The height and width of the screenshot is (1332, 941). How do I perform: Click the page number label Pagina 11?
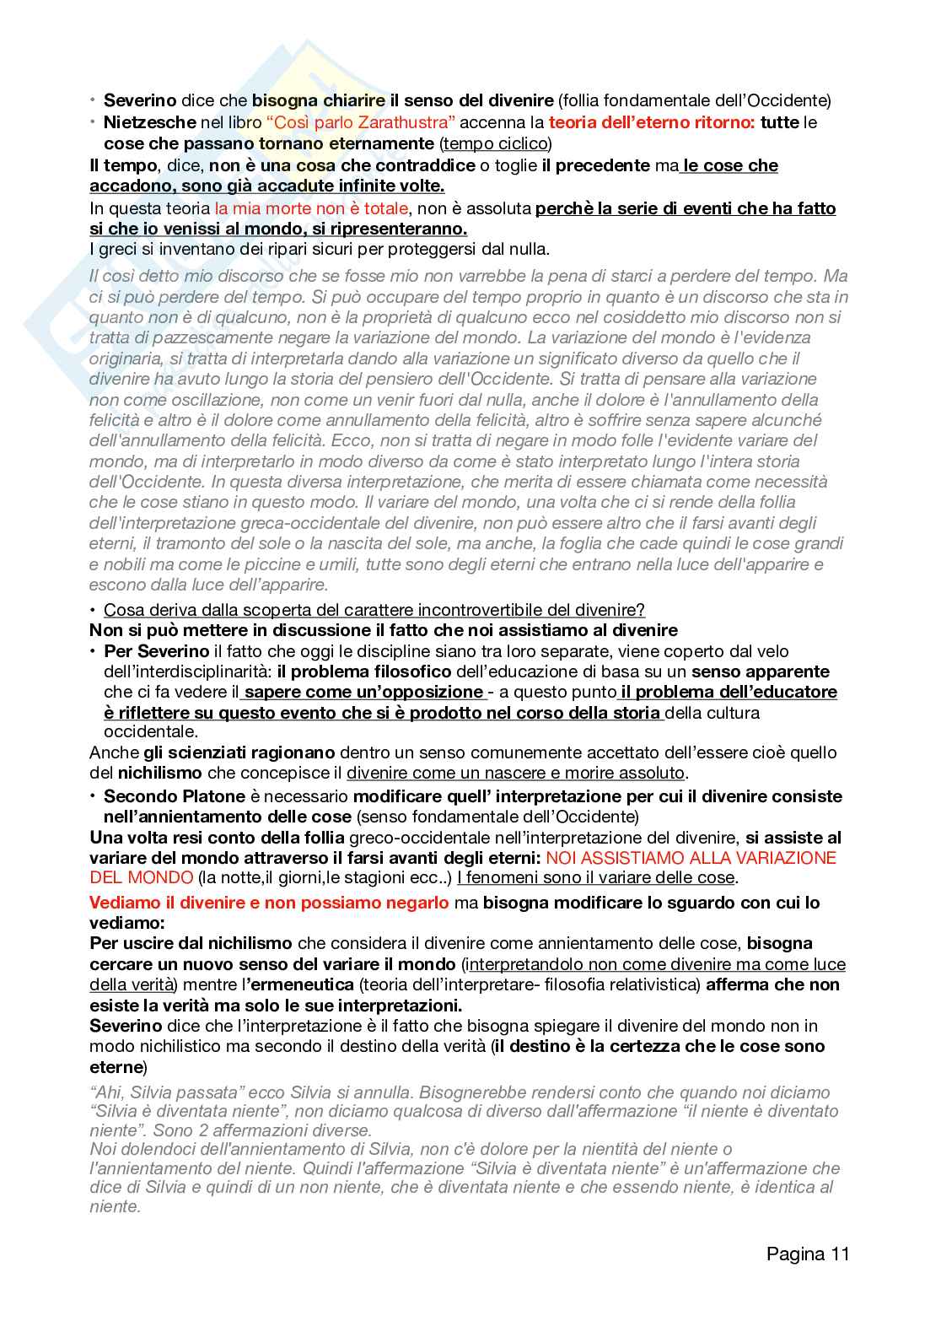coord(807,1254)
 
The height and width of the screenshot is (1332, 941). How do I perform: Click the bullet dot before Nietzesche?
coord(94,122)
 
